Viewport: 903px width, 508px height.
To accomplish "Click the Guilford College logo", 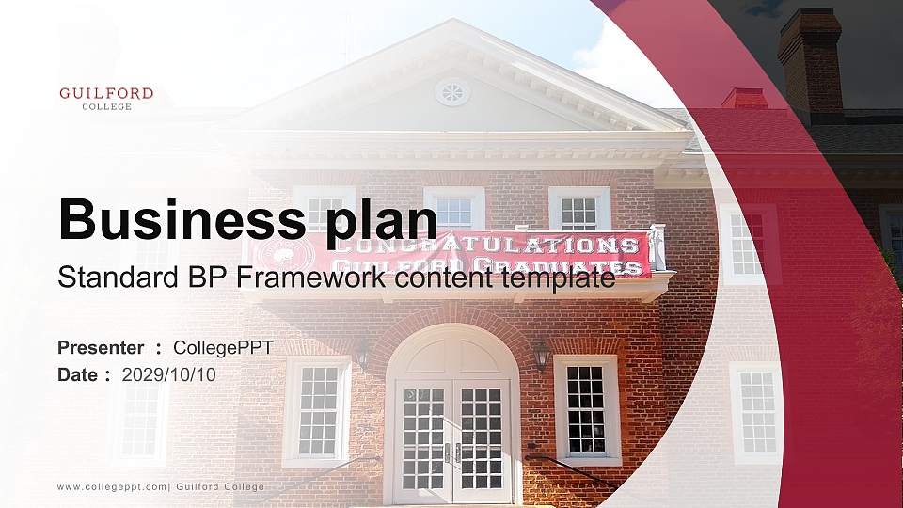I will pyautogui.click(x=105, y=98).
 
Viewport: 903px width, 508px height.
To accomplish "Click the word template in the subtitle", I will pyautogui.click(x=562, y=278).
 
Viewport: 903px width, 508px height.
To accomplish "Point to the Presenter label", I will pyautogui.click(x=101, y=347).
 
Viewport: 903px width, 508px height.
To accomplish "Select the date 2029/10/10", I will pyautogui.click(x=168, y=374).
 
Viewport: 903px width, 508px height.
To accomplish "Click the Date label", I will pyautogui.click(x=78, y=374).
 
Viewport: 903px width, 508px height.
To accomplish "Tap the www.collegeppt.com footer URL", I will pyautogui.click(x=112, y=486).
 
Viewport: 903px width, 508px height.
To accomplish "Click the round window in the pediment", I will pyautogui.click(x=452, y=91).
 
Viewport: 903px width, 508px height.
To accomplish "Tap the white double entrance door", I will pyautogui.click(x=452, y=440).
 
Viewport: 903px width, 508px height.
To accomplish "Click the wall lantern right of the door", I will pyautogui.click(x=542, y=356).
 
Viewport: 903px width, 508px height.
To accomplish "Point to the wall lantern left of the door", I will pyautogui.click(x=363, y=356).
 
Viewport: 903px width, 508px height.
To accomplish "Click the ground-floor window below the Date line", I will pyautogui.click(x=141, y=419).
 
